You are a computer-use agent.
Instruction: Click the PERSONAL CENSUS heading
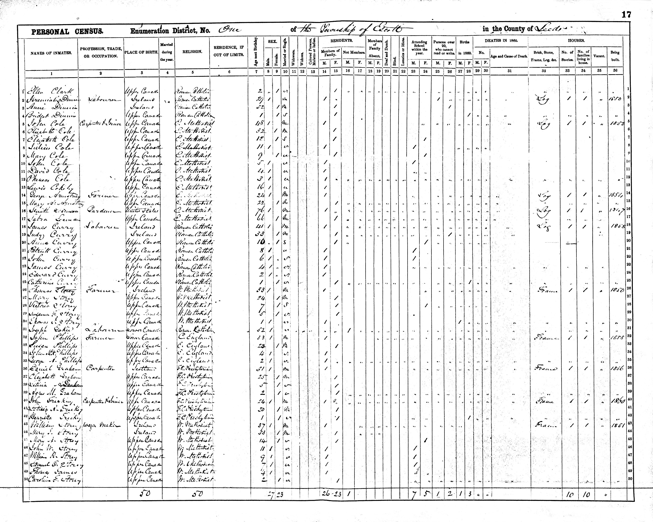tap(68, 32)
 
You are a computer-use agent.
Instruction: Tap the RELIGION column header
tap(192, 52)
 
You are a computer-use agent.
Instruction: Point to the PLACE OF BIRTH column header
tap(142, 52)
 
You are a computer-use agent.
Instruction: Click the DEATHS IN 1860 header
tap(501, 41)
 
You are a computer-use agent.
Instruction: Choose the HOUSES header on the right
tap(576, 41)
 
